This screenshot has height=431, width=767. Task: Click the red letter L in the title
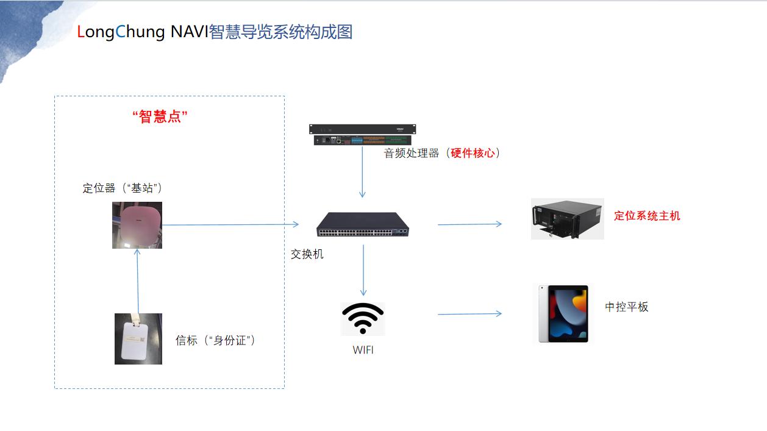81,32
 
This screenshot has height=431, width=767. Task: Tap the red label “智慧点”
160,116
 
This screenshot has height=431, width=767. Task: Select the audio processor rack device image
362,135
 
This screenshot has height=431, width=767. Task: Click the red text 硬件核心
473,153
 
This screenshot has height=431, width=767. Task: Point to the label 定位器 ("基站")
122,188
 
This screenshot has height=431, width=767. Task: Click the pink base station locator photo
137,225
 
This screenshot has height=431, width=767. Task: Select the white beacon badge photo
138,339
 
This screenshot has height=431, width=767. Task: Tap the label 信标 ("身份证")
215,340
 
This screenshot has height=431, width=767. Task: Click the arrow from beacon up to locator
138,280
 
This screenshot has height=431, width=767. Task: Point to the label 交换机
307,254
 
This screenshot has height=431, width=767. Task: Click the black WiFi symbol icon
363,318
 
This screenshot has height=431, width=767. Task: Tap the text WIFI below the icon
363,350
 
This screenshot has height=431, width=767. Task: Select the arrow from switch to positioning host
469,224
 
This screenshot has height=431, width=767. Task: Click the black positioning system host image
567,218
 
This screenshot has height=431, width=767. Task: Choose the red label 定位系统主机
647,215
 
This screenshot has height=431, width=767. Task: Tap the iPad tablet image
563,313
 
